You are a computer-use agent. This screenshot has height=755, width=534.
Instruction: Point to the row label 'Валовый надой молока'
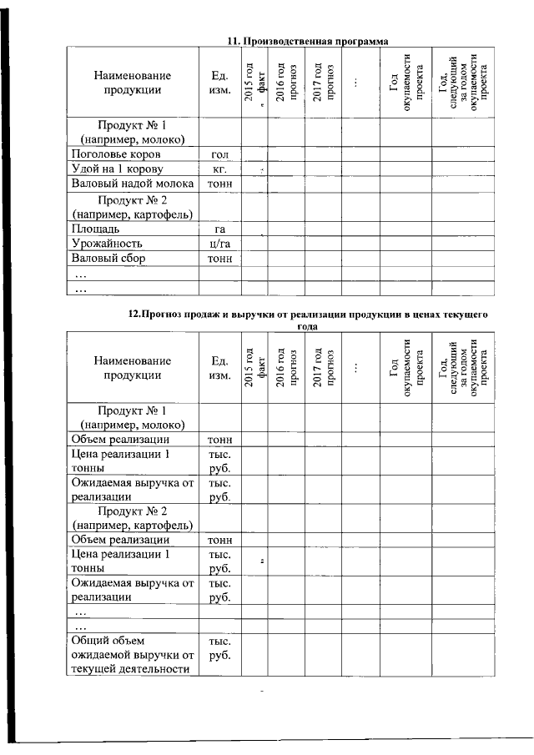tap(133, 184)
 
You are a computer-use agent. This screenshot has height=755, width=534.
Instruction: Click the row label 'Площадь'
tap(100, 229)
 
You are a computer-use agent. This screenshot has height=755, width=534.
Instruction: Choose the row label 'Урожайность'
tap(108, 244)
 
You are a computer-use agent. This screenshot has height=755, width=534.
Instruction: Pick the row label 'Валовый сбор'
tap(108, 259)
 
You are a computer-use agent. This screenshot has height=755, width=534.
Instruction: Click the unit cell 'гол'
tap(220, 155)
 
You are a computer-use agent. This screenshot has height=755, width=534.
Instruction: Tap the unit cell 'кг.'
tap(220, 169)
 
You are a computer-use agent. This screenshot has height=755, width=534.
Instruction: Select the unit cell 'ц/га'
tap(220, 244)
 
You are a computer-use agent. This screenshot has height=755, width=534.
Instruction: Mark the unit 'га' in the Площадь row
tap(220, 229)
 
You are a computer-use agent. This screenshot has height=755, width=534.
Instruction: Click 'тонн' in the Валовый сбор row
tap(220, 259)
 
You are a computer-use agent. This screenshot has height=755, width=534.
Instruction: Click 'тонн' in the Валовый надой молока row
tap(220, 184)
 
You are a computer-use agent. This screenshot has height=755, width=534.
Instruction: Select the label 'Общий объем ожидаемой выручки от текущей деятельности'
tap(133, 655)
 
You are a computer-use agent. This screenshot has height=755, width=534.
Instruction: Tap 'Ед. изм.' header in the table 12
tap(220, 368)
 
